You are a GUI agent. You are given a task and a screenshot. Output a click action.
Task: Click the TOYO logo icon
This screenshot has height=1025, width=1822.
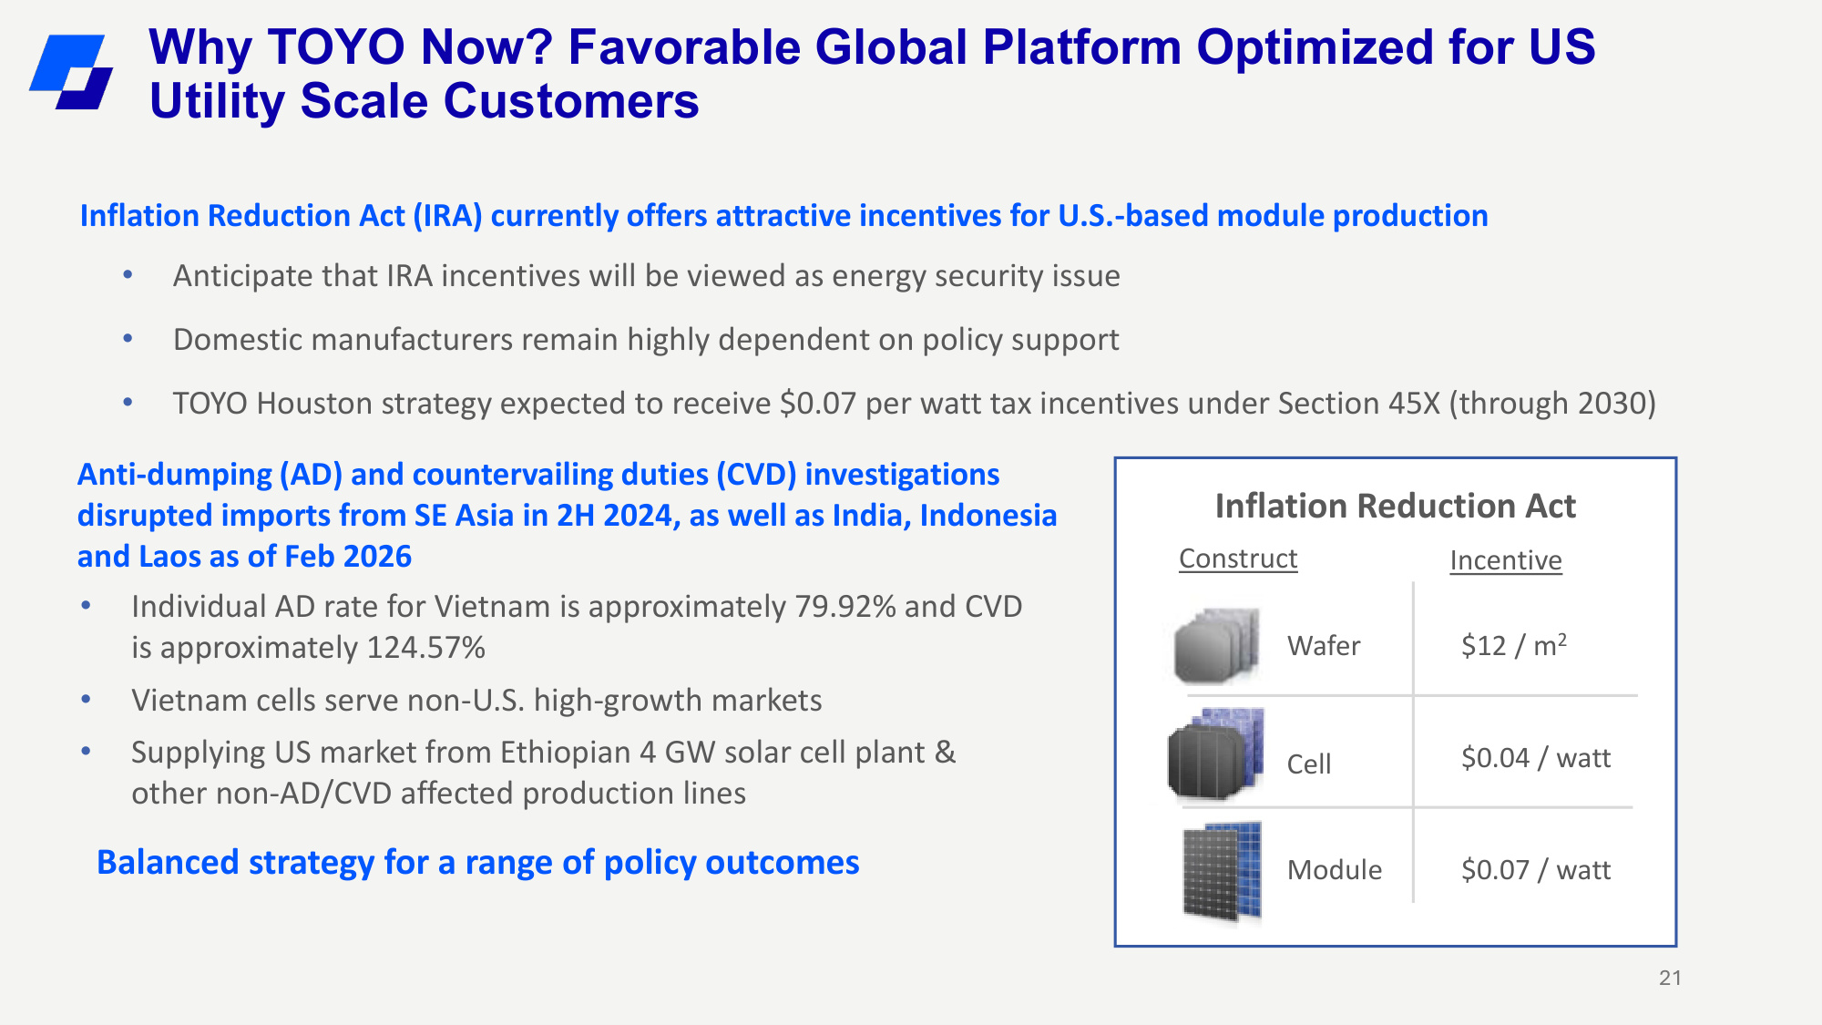pyautogui.click(x=71, y=72)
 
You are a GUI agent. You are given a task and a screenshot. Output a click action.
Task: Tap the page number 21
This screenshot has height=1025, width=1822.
pyautogui.click(x=1670, y=978)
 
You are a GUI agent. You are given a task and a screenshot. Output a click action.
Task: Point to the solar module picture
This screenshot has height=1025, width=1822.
pyautogui.click(x=1222, y=872)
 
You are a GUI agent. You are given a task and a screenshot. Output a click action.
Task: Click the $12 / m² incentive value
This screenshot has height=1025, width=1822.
pyautogui.click(x=1514, y=645)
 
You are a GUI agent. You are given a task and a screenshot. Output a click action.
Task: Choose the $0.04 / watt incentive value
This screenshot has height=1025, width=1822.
pyautogui.click(x=1536, y=758)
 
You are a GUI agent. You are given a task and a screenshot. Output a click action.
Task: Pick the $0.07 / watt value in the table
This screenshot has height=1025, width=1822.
pyautogui.click(x=1536, y=870)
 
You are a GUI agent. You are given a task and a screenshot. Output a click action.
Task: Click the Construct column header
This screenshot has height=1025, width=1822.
pyautogui.click(x=1238, y=559)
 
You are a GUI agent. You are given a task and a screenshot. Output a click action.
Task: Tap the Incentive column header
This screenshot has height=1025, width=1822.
pyautogui.click(x=1506, y=560)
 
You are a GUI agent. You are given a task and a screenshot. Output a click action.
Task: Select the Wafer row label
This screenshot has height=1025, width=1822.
pyautogui.click(x=1324, y=646)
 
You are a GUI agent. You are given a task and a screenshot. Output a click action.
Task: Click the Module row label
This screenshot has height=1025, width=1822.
pyautogui.click(x=1335, y=870)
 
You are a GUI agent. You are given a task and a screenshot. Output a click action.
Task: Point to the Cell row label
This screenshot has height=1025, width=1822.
pyautogui.click(x=1309, y=764)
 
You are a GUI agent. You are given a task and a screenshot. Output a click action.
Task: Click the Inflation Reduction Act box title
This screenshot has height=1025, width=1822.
pyautogui.click(x=1396, y=506)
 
